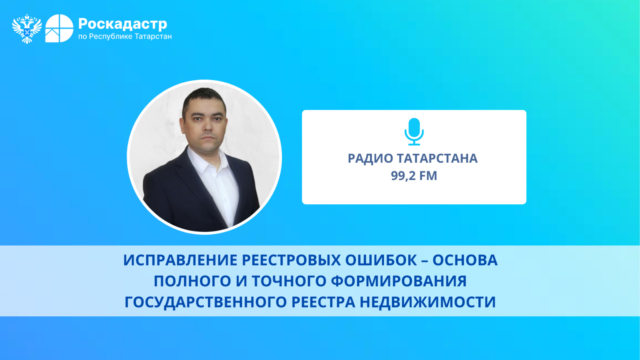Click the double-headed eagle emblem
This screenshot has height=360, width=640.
click(x=27, y=28)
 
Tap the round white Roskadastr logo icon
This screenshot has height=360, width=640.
click(x=59, y=28)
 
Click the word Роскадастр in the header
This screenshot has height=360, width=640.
click(x=122, y=24)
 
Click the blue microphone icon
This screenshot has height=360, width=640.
click(x=414, y=132)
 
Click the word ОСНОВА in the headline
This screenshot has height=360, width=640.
click(x=465, y=260)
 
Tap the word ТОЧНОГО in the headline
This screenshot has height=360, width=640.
click(x=289, y=281)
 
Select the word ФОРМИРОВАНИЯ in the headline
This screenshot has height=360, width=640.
click(x=399, y=281)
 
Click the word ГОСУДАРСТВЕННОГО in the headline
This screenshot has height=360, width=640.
click(x=206, y=302)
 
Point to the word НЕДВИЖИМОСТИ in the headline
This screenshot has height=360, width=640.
click(x=428, y=302)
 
